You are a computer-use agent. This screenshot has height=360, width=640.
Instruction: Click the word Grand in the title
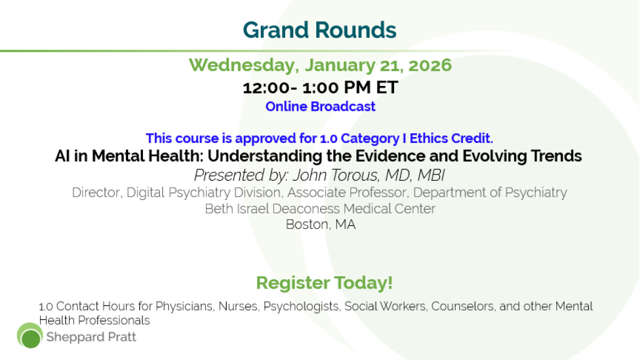coord(276,30)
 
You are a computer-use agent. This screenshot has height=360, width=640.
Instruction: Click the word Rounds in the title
coord(356,30)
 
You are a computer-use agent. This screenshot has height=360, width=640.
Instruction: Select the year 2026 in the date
coord(430,65)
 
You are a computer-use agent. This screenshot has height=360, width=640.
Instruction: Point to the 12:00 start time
coord(266,87)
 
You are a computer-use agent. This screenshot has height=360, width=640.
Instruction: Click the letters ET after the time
coord(387,87)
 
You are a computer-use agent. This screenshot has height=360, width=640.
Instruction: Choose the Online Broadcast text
coord(321,107)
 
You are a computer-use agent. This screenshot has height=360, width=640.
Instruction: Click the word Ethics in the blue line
coord(428,138)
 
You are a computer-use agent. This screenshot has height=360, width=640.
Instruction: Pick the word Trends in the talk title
coord(556,156)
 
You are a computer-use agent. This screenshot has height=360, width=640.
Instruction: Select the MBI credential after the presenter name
coord(431,175)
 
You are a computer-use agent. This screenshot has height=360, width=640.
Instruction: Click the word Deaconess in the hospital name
coord(306,209)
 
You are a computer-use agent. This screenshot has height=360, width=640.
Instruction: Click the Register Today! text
coord(324,283)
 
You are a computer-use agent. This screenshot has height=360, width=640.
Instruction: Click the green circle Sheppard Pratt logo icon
coord(30,335)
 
